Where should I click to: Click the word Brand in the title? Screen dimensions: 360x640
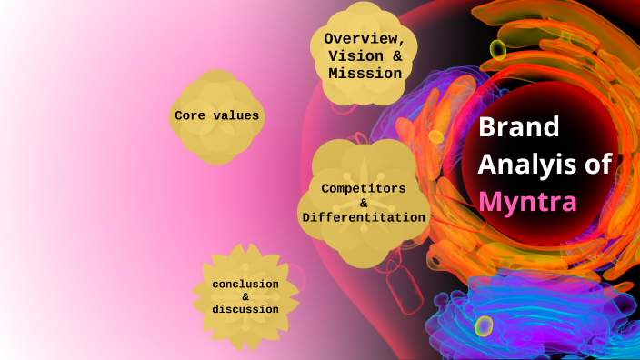pos(519,127)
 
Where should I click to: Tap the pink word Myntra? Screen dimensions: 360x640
pos(527,201)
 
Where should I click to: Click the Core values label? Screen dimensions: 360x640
pos(216,115)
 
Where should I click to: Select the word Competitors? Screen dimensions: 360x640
pos(362,188)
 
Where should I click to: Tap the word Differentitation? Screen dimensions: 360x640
pos(363,217)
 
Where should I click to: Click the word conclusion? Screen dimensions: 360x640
pos(245,285)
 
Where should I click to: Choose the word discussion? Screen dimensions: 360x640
pos(245,309)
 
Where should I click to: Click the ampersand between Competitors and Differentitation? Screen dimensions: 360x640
pos(363,203)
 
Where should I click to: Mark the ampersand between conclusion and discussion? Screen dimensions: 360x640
pos(245,297)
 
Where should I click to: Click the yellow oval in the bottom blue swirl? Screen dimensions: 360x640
pos(485,325)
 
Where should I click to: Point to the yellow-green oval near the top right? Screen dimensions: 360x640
pos(498,48)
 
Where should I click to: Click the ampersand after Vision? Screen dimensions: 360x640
pos(397,55)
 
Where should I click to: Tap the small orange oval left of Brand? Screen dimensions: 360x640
pos(435,137)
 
